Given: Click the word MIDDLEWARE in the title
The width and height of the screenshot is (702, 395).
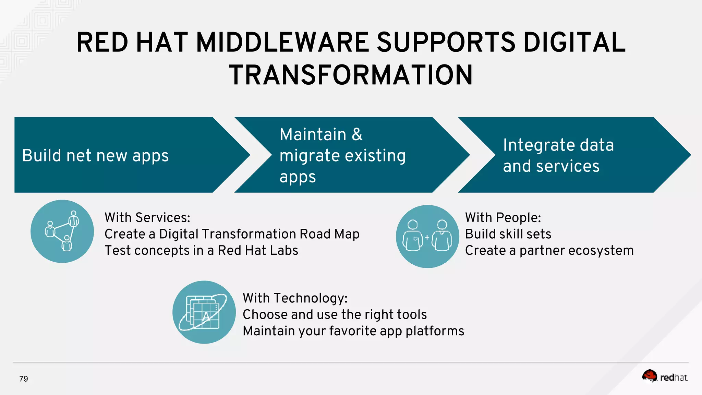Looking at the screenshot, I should tap(283, 43).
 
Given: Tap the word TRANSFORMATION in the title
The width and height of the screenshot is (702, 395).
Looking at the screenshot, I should tap(351, 75).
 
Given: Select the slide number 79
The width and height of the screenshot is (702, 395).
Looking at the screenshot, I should tap(24, 379).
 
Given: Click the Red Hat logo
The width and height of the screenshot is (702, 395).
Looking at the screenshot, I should tap(665, 376).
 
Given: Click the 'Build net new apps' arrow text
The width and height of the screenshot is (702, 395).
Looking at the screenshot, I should tap(95, 155).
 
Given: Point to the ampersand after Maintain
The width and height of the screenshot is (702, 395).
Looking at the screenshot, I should tap(357, 134).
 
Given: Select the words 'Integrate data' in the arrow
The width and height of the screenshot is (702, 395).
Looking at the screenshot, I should tap(558, 145).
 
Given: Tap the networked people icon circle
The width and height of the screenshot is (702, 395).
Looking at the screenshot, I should tap(62, 231).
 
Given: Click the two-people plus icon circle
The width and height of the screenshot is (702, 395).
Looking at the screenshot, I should tap(427, 236).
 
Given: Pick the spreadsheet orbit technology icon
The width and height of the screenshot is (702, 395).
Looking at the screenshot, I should tap(204, 312).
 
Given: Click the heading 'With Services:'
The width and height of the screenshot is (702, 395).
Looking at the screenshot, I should tap(147, 217).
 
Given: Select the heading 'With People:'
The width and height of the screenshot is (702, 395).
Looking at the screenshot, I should tap(503, 217).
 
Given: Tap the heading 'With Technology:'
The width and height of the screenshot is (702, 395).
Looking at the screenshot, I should tap(295, 298).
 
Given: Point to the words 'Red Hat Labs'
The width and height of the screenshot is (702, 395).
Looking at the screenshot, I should tap(258, 250).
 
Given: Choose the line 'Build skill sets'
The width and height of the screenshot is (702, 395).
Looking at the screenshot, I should tap(508, 234).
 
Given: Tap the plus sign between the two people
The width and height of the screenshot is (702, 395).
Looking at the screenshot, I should tap(427, 237).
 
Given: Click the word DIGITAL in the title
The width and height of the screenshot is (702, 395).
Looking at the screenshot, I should tap(574, 43).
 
